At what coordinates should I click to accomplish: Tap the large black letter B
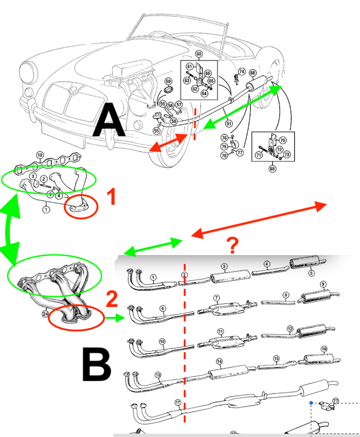click(x=96, y=364)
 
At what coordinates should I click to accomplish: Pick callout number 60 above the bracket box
click(x=199, y=54)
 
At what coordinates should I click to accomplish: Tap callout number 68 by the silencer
click(x=253, y=73)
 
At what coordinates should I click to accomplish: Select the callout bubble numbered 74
click(x=242, y=71)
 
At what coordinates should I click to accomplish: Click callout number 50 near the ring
click(x=168, y=82)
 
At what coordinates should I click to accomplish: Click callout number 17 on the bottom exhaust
click(x=178, y=402)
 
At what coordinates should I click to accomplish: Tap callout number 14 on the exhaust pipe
click(x=219, y=362)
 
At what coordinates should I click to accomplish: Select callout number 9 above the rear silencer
click(x=322, y=285)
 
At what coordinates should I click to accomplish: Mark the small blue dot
click(x=311, y=402)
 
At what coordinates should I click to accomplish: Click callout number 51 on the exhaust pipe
click(x=229, y=124)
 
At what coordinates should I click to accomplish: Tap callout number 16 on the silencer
click(x=323, y=349)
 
